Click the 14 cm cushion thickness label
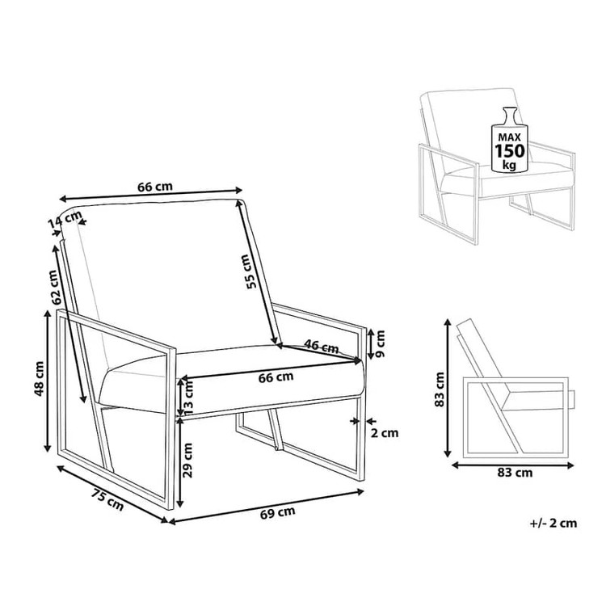click(x=65, y=220)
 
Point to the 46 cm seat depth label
click(x=321, y=346)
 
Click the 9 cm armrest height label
click(x=381, y=343)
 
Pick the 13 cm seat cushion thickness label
click(x=187, y=398)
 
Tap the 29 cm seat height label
click(x=187, y=461)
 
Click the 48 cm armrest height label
click(x=39, y=379)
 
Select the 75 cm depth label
click(x=107, y=499)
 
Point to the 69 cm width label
click(x=278, y=513)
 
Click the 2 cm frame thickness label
click(x=384, y=433)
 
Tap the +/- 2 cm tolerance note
click(x=553, y=524)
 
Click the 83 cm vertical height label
click(x=440, y=389)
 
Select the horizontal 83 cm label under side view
click(x=515, y=473)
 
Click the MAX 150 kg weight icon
click(x=509, y=139)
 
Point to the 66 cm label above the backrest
click(x=155, y=187)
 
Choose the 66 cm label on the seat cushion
click(x=276, y=377)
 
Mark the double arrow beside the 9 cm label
click(x=370, y=343)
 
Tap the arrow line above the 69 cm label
click(x=267, y=507)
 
